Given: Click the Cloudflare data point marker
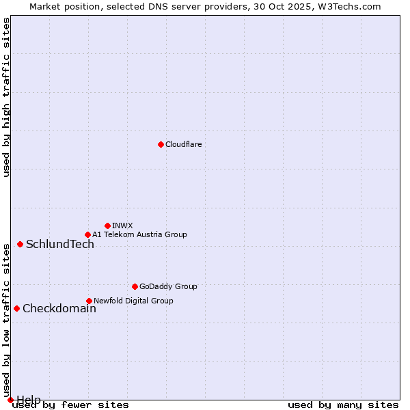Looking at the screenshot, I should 161,144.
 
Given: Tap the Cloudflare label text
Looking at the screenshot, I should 184,144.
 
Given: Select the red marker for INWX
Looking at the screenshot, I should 107,225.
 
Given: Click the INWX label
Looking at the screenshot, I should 122,225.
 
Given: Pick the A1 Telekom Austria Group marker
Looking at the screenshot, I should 87,234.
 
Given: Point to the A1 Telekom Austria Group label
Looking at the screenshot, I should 139,234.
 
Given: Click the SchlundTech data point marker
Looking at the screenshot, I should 20,244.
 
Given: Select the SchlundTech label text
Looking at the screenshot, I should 60,245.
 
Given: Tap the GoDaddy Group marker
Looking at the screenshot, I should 135,286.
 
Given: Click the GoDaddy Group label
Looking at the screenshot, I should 168,286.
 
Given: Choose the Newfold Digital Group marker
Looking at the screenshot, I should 89,301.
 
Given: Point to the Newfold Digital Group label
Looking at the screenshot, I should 133,301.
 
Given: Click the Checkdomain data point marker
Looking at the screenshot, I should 16,308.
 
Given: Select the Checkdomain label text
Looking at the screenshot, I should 59,309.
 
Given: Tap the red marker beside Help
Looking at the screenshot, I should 10,400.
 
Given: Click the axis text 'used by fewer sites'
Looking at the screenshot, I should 71,405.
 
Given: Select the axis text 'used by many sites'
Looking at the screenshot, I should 343,405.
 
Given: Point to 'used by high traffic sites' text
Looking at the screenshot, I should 7,97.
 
